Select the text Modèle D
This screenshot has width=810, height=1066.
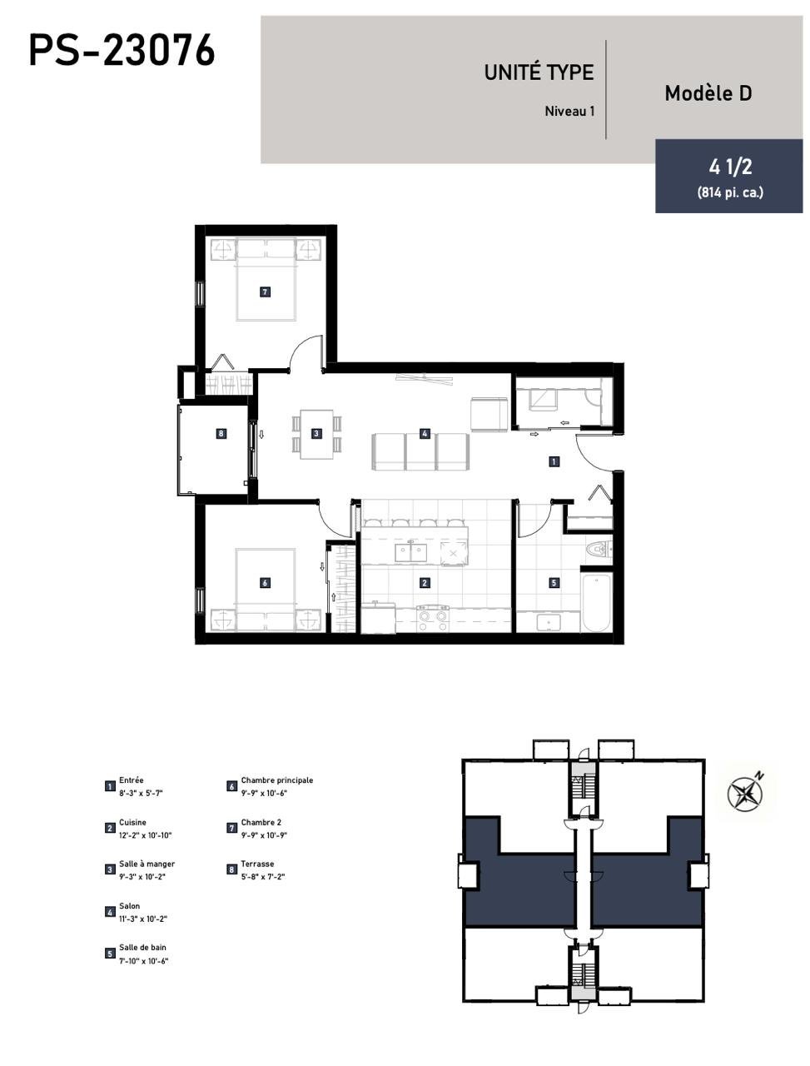(x=708, y=93)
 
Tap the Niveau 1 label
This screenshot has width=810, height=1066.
(x=569, y=112)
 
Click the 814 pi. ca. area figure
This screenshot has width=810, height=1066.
(x=730, y=192)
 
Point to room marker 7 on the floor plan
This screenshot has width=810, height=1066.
(x=265, y=291)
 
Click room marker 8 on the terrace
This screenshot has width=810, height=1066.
(x=221, y=433)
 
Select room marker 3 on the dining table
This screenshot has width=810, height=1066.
(x=316, y=433)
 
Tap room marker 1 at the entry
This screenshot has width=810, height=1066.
(x=554, y=461)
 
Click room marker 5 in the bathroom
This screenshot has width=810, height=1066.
(x=554, y=582)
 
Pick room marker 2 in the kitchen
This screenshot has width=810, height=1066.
(x=425, y=582)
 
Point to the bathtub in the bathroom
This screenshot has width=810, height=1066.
(x=595, y=602)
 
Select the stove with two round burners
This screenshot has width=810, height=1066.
(x=433, y=618)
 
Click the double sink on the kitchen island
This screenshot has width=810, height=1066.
(x=410, y=552)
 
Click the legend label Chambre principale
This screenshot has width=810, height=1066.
(x=276, y=780)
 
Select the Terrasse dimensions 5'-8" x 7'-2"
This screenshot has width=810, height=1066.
(x=262, y=877)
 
